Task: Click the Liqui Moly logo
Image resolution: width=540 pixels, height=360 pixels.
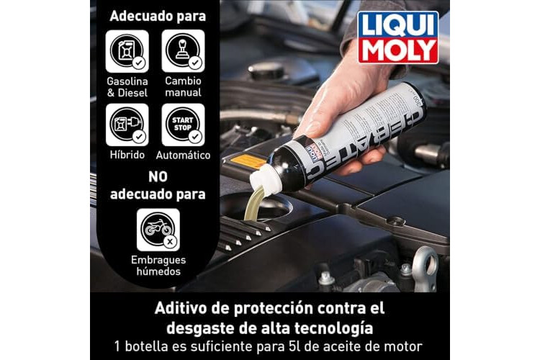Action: click(397, 37)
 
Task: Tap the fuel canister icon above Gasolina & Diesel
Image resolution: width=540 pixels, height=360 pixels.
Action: click(127, 51)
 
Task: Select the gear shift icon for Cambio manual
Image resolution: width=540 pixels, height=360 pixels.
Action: click(183, 51)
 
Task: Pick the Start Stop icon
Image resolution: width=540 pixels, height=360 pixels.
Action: click(183, 125)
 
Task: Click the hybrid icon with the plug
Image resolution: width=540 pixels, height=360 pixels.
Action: click(127, 125)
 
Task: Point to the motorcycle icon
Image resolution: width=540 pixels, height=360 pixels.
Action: click(158, 230)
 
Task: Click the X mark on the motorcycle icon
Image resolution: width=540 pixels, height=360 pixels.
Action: click(169, 241)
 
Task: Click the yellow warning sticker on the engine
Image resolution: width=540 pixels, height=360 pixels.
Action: click(247, 161)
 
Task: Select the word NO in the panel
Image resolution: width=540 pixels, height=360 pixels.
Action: click(158, 177)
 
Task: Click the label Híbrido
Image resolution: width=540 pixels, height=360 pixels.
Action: click(127, 155)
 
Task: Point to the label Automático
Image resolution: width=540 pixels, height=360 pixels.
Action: click(183, 155)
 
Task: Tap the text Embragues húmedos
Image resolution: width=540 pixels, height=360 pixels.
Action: click(158, 266)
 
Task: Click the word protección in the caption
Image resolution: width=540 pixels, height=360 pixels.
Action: click(273, 308)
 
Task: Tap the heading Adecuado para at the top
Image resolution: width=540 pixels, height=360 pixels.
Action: click(158, 16)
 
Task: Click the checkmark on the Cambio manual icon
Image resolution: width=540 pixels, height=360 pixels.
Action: click(195, 63)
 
